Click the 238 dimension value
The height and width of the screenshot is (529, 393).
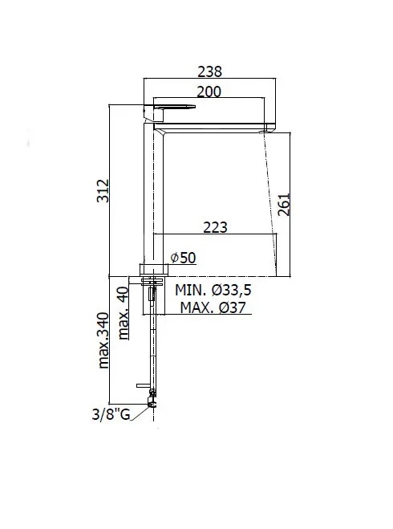(209, 71)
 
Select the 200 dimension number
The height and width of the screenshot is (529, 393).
(209, 92)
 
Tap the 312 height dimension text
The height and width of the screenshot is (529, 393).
(103, 191)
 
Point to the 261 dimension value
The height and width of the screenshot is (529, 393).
(283, 205)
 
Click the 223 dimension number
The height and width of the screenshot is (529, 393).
(215, 227)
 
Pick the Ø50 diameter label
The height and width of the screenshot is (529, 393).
(183, 258)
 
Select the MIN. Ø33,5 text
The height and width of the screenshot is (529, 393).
(213, 290)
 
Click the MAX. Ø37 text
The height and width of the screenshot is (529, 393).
(213, 307)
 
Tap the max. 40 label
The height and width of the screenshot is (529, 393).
(124, 313)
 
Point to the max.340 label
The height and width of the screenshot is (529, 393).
(103, 340)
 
